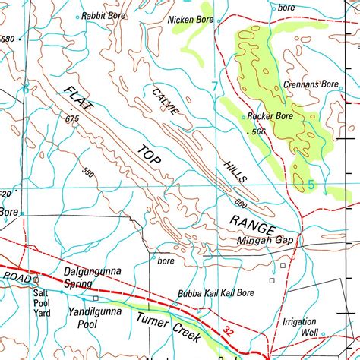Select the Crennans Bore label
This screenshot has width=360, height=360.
coord(311,84)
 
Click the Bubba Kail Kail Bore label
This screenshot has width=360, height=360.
coord(216,292)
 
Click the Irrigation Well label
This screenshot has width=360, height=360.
coord(299,327)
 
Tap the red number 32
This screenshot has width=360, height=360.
coord(230,330)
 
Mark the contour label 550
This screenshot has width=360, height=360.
coord(89,174)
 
